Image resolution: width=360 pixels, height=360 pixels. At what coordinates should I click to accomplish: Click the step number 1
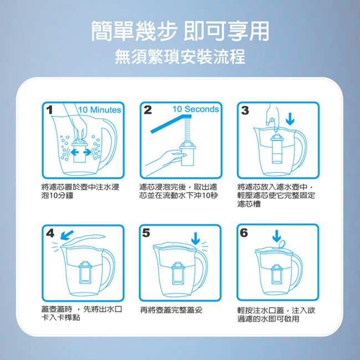(49, 110)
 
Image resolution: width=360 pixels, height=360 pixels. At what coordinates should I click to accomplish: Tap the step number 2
(148, 110)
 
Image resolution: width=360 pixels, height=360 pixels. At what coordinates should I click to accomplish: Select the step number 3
(245, 110)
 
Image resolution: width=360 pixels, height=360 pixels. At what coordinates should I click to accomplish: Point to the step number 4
(50, 233)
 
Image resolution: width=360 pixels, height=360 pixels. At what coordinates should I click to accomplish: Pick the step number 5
(146, 233)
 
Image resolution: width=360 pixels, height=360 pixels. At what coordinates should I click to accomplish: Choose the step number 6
(244, 233)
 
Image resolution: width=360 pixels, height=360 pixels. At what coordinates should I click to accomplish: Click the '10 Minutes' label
(99, 110)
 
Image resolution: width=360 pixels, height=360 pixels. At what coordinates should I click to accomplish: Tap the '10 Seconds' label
(196, 109)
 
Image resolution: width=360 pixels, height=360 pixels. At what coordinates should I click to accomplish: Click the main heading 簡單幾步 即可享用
(180, 31)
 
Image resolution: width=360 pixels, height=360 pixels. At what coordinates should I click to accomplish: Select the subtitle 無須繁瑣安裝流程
(180, 56)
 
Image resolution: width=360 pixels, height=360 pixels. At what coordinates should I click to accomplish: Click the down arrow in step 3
(290, 119)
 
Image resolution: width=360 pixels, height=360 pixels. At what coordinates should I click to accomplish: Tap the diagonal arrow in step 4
(67, 235)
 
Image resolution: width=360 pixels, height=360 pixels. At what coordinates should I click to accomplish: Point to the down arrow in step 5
(196, 239)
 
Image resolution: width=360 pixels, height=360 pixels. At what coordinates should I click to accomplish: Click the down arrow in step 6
(277, 236)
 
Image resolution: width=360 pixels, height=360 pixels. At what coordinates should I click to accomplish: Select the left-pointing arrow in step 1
(75, 152)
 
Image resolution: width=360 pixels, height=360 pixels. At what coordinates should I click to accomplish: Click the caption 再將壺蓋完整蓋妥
(171, 310)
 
